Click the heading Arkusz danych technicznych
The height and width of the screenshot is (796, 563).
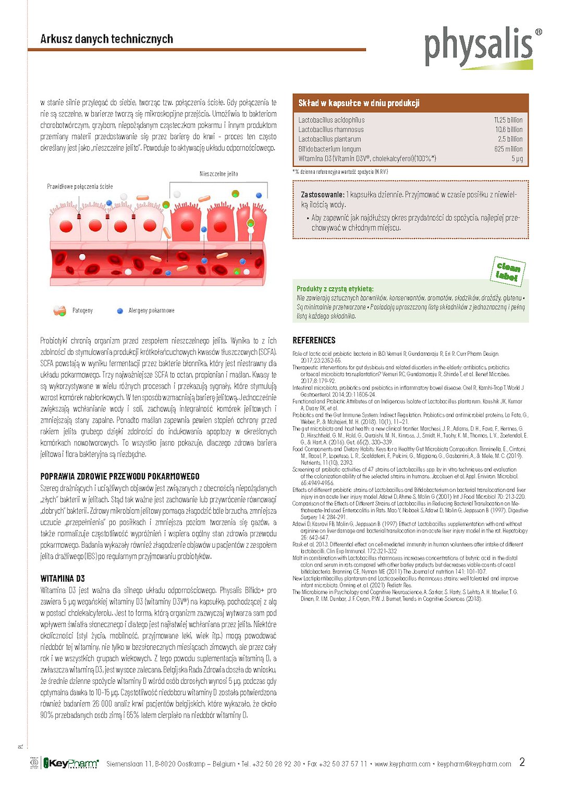coord(106,39)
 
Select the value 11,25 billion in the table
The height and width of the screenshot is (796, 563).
coord(508,120)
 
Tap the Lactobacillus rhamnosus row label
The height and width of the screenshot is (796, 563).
coord(331,130)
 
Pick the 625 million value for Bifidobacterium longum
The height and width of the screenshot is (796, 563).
coord(508,149)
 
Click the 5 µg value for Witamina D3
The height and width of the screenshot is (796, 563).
coord(517,159)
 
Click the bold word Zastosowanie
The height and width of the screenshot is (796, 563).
coord(322,195)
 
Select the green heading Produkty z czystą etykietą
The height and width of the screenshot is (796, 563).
coord(335,289)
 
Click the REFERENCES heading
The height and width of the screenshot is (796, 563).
coord(314,341)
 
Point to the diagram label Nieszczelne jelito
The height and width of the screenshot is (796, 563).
coord(218,174)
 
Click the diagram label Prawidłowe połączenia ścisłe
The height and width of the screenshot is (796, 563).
coord(80,186)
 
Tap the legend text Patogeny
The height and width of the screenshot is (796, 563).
coord(82,310)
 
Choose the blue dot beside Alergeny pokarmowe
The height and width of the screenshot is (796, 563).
coord(120,310)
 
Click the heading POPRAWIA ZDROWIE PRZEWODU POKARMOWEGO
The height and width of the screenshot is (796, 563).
coord(120,476)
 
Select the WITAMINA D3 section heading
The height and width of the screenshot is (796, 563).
coord(63,578)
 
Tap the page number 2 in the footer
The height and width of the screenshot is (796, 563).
coord(522,762)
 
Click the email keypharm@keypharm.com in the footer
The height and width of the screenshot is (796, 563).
coord(474,764)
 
